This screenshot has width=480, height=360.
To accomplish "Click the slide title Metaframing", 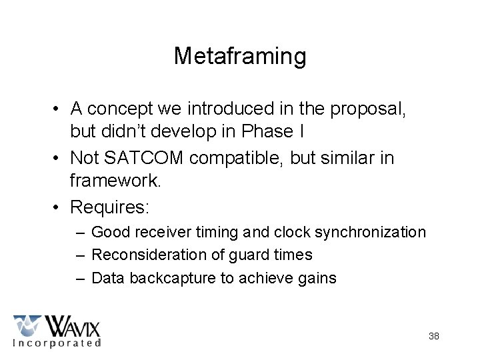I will coord(240,56).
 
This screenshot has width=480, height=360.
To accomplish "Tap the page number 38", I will coord(434,336).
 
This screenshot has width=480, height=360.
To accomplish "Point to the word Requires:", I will coord(110,207).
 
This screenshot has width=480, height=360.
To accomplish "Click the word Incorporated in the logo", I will coord(57,343).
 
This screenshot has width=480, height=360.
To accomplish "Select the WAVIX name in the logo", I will coord(71,327).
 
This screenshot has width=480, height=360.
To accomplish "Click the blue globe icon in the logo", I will coord(27,325).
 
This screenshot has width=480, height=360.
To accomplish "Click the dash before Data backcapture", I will coord(80,277).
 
